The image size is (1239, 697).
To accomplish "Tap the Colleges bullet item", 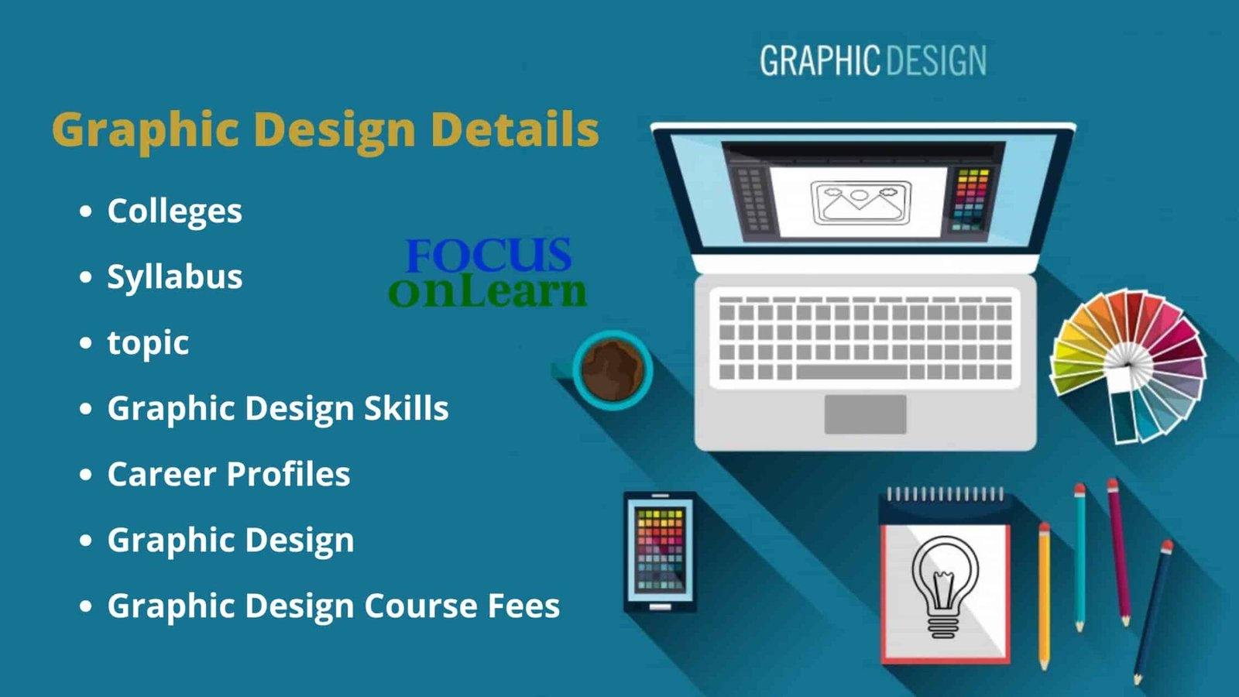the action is click(174, 212).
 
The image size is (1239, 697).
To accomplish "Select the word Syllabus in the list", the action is click(175, 277).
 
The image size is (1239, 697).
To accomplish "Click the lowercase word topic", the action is click(148, 344).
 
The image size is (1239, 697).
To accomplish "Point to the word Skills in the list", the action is click(406, 408).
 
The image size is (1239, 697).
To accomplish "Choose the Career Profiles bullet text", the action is click(228, 474).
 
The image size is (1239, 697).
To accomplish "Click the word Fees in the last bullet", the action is click(523, 605).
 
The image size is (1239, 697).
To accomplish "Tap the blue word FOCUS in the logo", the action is click(489, 255).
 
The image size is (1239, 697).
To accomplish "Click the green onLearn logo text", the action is click(487, 292).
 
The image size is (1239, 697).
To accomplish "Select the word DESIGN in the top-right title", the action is click(936, 61).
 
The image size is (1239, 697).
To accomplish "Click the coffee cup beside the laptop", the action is click(611, 370).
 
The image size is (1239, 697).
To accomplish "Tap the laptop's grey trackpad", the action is click(865, 414).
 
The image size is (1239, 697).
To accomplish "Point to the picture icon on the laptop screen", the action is click(861, 202).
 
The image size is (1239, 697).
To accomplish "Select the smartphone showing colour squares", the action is click(660, 552).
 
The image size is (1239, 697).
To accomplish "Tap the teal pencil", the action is click(1079, 558).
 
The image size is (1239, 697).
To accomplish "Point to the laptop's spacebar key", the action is click(851, 372).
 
